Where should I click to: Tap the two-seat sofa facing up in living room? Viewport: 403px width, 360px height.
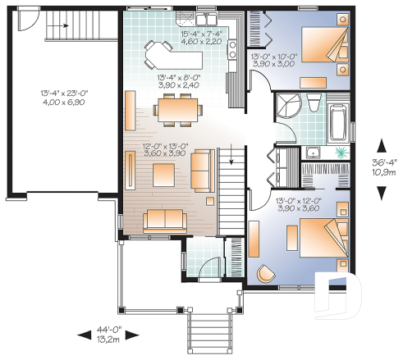163,219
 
